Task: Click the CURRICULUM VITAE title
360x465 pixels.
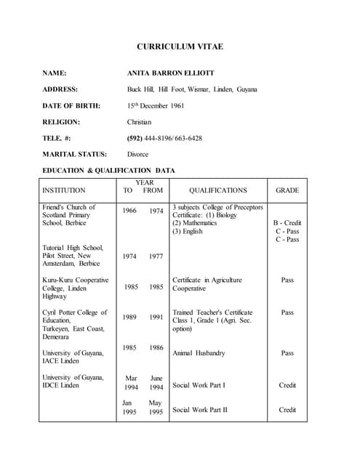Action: [180, 46]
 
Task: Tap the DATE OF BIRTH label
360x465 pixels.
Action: [71, 105]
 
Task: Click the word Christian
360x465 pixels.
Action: [139, 122]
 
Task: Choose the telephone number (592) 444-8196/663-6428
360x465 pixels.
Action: [164, 138]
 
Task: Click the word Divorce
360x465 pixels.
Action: [137, 154]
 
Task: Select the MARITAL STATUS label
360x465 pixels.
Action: [75, 154]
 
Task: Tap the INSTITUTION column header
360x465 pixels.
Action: [63, 190]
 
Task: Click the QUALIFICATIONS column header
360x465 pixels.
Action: [217, 190]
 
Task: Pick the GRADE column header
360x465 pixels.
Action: [287, 190]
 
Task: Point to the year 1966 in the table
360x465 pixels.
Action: [129, 211]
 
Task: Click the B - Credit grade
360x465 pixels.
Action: [287, 223]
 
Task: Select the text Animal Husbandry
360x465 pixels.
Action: [199, 353]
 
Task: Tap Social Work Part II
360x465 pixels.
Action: [199, 410]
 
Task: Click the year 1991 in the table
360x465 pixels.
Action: [156, 317]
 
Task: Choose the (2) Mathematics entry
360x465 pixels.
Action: [194, 223]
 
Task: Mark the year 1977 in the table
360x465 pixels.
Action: [156, 256]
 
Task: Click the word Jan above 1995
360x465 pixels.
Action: [127, 403]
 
